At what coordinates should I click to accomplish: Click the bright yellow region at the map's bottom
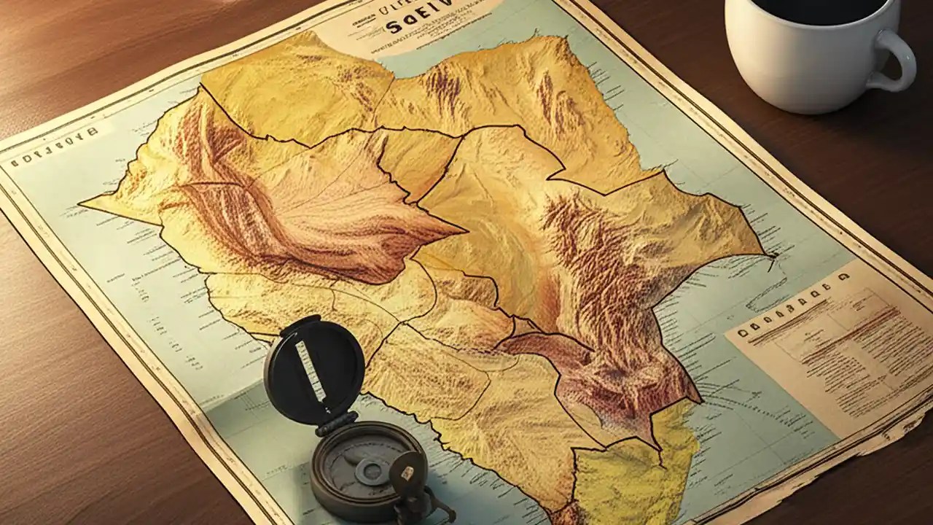click(627, 474)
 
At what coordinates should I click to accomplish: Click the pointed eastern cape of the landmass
click(769, 254)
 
